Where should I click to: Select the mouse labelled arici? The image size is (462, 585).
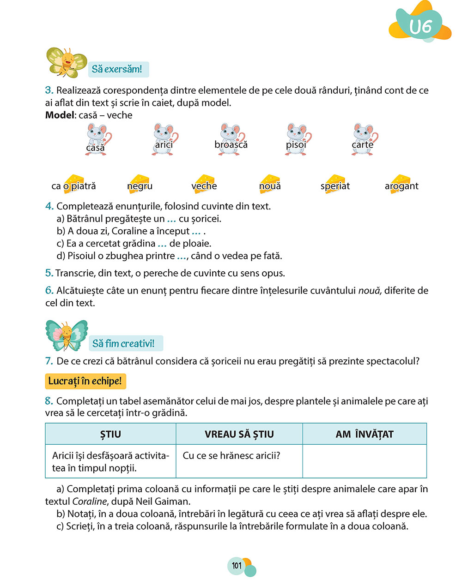point(164,139)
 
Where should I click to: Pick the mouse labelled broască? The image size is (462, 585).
point(231,139)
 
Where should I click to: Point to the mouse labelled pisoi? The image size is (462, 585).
point(298,139)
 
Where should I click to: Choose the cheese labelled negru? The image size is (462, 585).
point(140,184)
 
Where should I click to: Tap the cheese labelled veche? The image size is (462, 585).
point(204,184)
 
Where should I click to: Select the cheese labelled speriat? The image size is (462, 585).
point(335,184)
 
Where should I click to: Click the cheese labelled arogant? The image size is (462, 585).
point(401,184)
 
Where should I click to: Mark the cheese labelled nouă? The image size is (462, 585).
point(270,184)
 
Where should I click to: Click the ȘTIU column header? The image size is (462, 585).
point(110,434)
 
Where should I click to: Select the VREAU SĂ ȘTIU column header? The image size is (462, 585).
point(239,434)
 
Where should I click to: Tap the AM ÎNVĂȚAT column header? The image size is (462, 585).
point(365,434)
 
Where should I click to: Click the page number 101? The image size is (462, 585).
point(237,566)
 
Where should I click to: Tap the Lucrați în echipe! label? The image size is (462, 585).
point(85,382)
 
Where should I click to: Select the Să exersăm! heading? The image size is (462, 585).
point(117,69)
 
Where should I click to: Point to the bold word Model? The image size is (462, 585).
point(60,115)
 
